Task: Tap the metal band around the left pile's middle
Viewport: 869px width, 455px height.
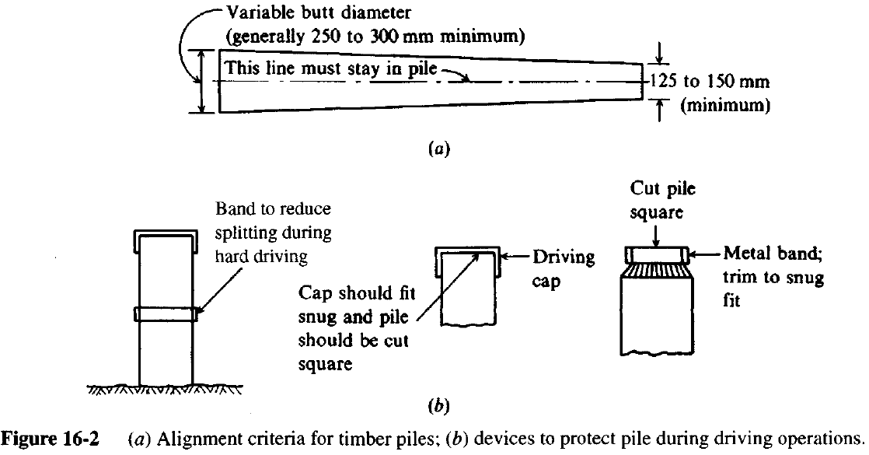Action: [x=168, y=314]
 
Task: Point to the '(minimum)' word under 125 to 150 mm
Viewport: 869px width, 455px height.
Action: [x=725, y=107]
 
